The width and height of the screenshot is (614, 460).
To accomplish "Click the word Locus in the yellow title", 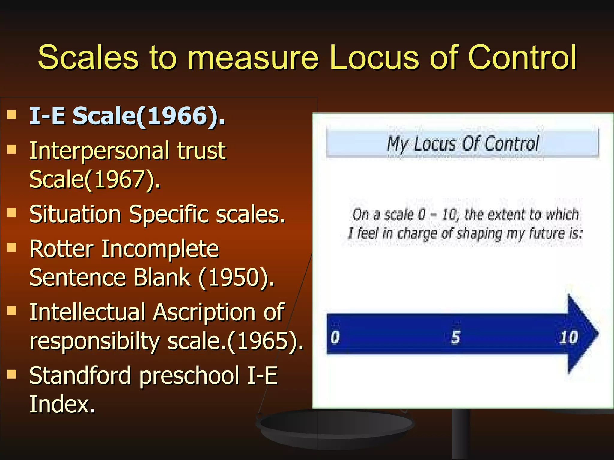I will pos(374,57).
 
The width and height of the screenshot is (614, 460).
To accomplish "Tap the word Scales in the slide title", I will pos(88,57).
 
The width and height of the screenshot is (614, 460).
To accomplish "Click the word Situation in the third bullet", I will pos(75,215).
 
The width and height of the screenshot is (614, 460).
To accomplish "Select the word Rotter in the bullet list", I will pos(62,249).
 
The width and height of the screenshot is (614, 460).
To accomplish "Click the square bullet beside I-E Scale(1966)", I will pos(12,114).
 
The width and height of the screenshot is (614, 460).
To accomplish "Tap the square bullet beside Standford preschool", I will pos(12,374).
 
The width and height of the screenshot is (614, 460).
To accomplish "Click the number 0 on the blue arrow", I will pos(335,338).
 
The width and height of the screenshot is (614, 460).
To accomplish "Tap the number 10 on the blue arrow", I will pos(568,338).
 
